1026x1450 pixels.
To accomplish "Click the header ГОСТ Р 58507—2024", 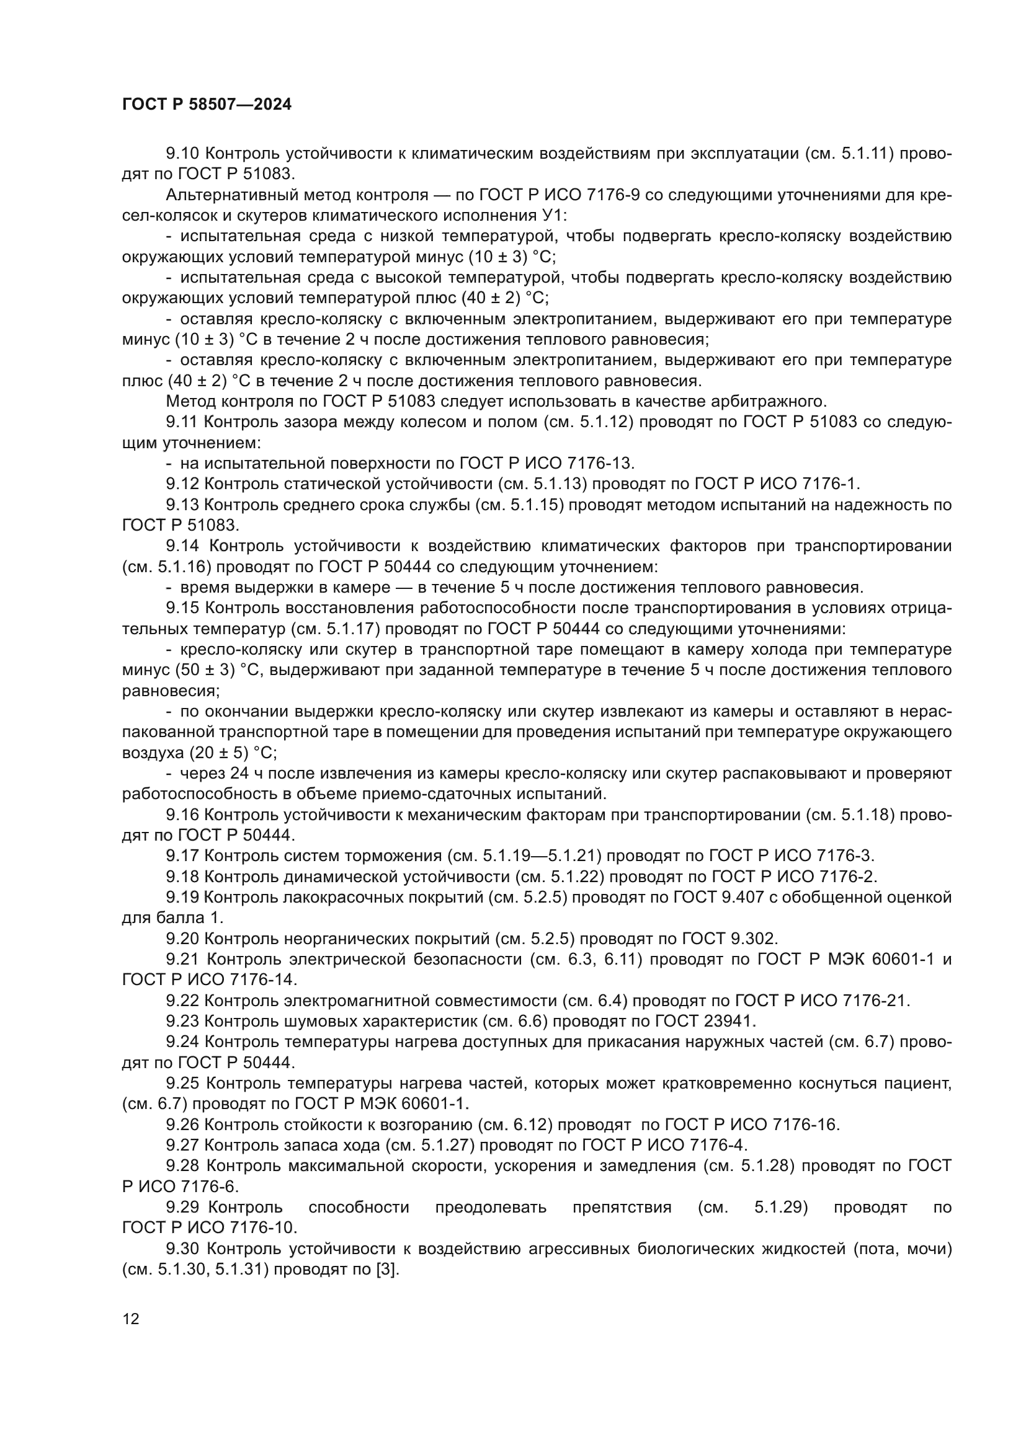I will (207, 105).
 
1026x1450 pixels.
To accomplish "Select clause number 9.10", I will (182, 154).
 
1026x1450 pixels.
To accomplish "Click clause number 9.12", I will (182, 484).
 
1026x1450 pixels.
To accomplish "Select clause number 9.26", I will (182, 1125).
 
